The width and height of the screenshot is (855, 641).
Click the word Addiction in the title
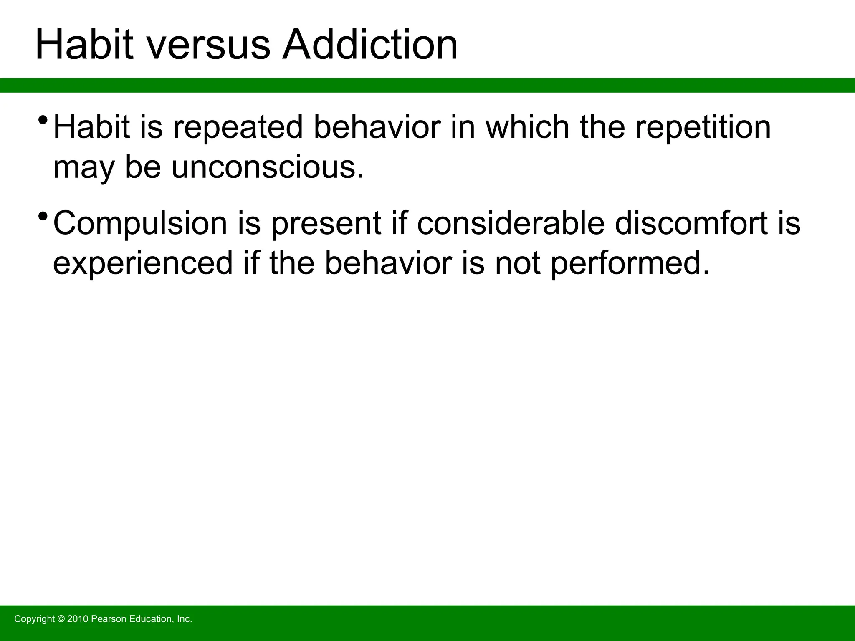coord(370,45)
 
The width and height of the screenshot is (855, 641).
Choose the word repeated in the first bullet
coord(238,127)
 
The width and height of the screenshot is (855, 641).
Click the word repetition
coord(703,127)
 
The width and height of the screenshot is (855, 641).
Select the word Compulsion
coord(140,223)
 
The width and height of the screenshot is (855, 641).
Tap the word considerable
coord(511,223)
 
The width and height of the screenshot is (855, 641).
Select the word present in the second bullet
coord(326,223)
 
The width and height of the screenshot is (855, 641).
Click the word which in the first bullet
coord(528,127)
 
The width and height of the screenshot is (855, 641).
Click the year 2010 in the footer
coord(78,619)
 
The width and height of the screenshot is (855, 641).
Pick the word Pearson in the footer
coord(108,619)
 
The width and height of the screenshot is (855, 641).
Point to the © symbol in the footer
coord(61,619)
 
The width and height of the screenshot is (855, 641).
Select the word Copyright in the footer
coord(35,619)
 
